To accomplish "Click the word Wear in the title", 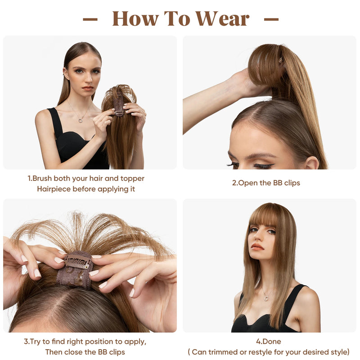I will [222, 18].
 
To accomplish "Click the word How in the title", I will [135, 18].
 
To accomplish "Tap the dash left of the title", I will [90, 19].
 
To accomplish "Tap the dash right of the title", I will [271, 19].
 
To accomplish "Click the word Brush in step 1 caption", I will [44, 178].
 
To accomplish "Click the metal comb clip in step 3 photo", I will [77, 262].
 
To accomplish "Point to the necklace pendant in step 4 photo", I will [266, 297].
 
